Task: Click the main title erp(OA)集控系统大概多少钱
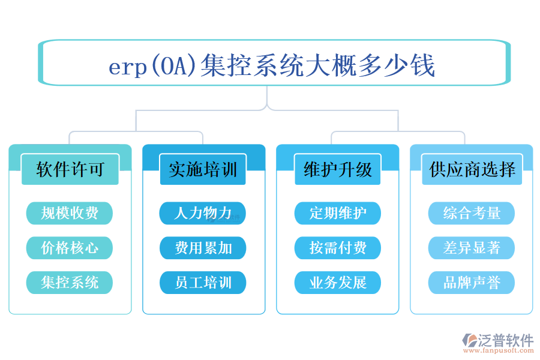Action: pos(272,65)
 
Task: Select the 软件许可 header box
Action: pos(70,170)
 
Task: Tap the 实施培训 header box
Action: pos(203,170)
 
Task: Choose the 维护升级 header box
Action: pos(338,170)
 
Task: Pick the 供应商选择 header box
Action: pos(472,170)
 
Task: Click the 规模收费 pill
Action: pos(70,213)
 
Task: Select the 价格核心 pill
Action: pos(70,248)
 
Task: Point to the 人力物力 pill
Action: pos(203,213)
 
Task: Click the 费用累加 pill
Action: pos(203,248)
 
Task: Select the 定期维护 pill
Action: pos(337,213)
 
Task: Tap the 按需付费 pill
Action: pos(337,248)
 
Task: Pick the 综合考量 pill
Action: pos(472,213)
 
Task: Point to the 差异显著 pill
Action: pos(472,248)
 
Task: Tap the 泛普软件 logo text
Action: pos(505,340)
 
